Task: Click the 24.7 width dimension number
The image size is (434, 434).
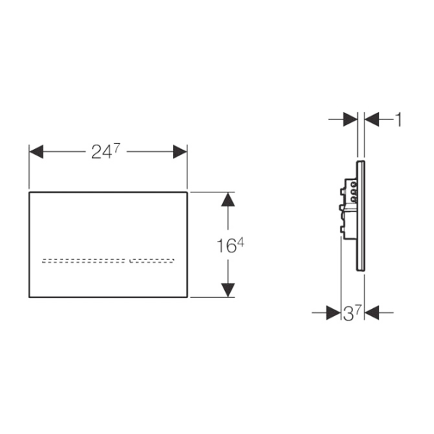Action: [109, 153]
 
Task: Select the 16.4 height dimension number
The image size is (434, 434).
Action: [228, 247]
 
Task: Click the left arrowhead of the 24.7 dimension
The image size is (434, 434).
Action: [38, 153]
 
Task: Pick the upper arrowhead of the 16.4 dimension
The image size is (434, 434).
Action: [228, 200]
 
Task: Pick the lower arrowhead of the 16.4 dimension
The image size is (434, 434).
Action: [228, 288]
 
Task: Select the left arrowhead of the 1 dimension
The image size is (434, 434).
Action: [348, 118]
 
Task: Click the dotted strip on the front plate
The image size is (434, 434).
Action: [109, 258]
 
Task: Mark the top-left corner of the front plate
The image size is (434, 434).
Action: [29, 192]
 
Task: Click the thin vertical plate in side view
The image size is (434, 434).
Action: [359, 217]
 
